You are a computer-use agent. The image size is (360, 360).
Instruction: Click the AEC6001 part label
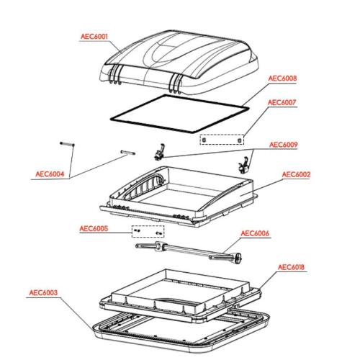[94, 35]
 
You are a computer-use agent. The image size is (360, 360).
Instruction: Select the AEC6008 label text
[282, 78]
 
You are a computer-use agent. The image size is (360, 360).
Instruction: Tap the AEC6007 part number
[282, 103]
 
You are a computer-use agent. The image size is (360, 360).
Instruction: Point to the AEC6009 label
[283, 144]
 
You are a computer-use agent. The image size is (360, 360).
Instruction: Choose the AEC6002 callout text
[295, 175]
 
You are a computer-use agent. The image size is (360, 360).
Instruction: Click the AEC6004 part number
[50, 173]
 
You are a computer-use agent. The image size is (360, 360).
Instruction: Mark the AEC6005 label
[94, 230]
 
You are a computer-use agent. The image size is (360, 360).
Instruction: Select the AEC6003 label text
[44, 293]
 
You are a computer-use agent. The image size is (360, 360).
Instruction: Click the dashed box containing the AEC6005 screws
[148, 232]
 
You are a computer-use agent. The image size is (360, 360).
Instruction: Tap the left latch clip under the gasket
[160, 152]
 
